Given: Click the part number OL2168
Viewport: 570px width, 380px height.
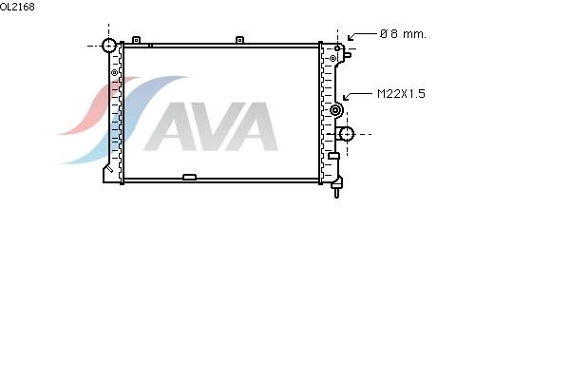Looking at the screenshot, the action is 17,7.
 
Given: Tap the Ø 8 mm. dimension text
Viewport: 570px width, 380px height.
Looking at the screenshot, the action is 403,34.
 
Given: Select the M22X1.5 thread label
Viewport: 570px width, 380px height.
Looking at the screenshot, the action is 401,94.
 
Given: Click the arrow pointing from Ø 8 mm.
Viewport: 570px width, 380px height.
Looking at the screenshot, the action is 362,35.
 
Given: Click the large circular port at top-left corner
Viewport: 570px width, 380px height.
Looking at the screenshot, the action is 108,46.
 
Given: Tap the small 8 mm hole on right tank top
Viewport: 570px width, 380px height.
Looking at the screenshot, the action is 337,48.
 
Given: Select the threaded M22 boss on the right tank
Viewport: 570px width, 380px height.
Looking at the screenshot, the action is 335,110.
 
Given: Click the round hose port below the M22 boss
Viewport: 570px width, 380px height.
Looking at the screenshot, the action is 347,134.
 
